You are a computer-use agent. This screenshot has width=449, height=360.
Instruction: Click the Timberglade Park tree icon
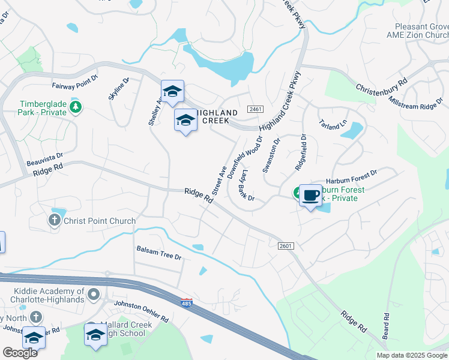(76, 108)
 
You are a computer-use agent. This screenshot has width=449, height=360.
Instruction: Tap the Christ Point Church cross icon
(54, 221)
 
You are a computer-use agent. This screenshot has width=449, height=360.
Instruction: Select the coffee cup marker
(310, 196)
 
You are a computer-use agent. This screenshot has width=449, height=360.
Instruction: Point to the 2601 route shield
(286, 245)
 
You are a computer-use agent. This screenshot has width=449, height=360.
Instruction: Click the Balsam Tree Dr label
(158, 253)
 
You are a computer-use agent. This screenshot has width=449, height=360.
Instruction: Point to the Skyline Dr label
(118, 89)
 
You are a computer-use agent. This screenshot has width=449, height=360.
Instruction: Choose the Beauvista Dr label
(45, 159)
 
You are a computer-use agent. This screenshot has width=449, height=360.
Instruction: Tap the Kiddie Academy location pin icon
(93, 294)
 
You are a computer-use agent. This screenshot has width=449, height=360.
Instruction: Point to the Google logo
(20, 352)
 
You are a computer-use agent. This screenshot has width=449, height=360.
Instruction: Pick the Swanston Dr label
(271, 156)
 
